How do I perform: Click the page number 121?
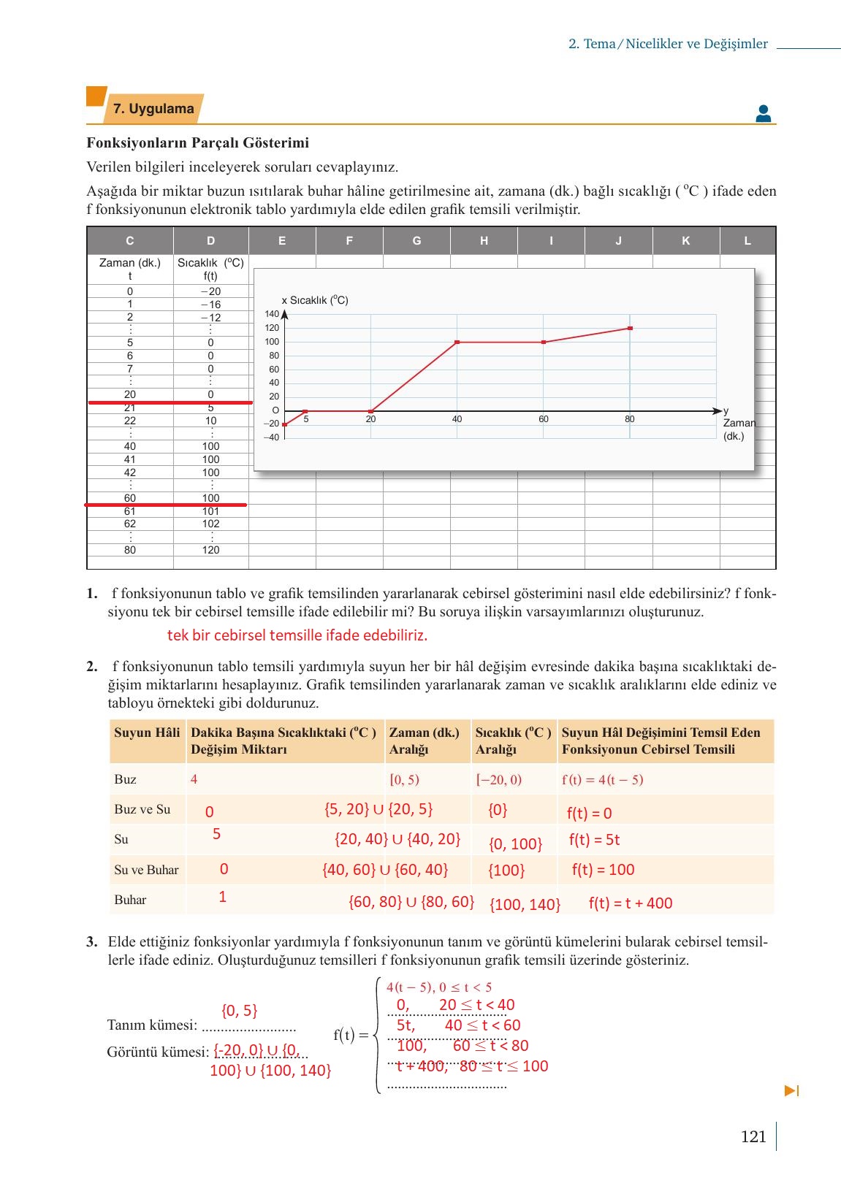click(753, 1136)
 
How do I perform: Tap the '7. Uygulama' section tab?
click(153, 109)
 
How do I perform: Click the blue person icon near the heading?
click(764, 113)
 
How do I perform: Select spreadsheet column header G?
click(416, 240)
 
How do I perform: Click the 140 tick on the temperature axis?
click(272, 314)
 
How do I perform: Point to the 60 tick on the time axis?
click(543, 419)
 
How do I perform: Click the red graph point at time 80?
click(630, 328)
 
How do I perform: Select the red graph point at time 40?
click(457, 342)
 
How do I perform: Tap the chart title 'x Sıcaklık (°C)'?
click(314, 300)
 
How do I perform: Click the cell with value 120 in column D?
click(210, 550)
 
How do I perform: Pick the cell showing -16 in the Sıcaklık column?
click(210, 305)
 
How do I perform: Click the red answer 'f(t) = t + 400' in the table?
click(631, 903)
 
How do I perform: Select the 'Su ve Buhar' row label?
click(146, 870)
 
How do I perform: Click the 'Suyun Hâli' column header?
click(147, 732)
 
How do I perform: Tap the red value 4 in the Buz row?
click(194, 779)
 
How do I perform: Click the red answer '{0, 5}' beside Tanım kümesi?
click(239, 1011)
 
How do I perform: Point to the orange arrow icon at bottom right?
click(791, 1091)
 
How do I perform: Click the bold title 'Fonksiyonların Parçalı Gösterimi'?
click(197, 142)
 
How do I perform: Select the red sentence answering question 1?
click(297, 635)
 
